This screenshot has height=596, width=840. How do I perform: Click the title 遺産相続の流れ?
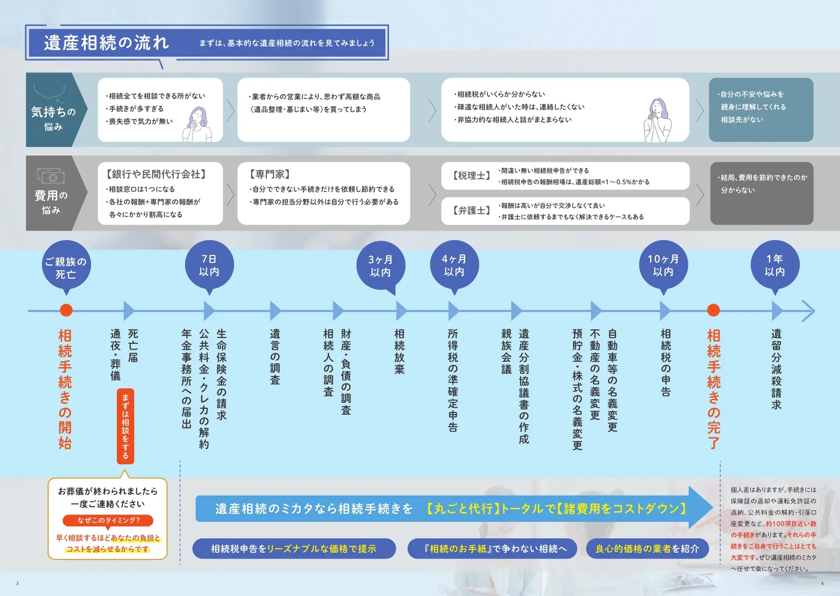(x=106, y=42)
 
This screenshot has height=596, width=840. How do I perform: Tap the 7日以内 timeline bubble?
(x=209, y=265)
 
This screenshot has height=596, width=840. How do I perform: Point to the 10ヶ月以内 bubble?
(x=663, y=265)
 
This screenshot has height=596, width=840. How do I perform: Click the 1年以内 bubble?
(x=774, y=265)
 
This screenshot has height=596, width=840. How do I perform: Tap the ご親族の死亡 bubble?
(x=66, y=267)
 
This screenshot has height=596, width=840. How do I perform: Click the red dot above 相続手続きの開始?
(x=66, y=310)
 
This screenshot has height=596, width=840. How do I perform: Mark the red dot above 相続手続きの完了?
(x=713, y=310)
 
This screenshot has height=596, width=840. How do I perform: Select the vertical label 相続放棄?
(x=399, y=352)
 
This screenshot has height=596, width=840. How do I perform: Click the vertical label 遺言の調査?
(x=275, y=357)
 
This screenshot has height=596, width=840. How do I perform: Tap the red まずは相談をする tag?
(x=125, y=426)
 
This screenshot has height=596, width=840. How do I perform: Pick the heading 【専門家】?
(x=270, y=174)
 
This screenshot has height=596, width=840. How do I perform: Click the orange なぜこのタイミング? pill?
(x=108, y=520)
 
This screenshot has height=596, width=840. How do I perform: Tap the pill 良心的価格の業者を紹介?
(x=647, y=549)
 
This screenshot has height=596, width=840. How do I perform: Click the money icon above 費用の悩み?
(x=51, y=176)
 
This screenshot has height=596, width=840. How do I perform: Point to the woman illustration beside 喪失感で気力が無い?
(x=197, y=124)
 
